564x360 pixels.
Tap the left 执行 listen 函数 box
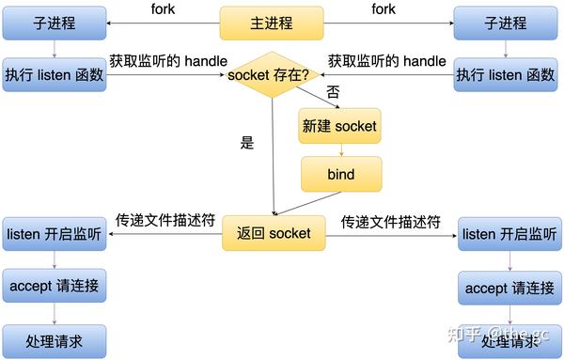point(54,74)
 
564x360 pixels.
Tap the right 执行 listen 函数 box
point(505,74)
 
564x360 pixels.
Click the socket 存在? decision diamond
point(272,75)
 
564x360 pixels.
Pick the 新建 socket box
point(339,126)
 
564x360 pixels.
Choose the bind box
point(339,175)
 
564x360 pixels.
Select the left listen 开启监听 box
point(54,233)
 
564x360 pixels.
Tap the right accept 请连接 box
point(509,288)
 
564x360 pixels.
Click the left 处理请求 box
point(54,339)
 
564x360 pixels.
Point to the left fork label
point(163,9)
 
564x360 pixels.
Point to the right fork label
point(384,9)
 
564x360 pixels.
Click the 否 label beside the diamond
point(333,92)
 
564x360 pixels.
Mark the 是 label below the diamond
point(247,144)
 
